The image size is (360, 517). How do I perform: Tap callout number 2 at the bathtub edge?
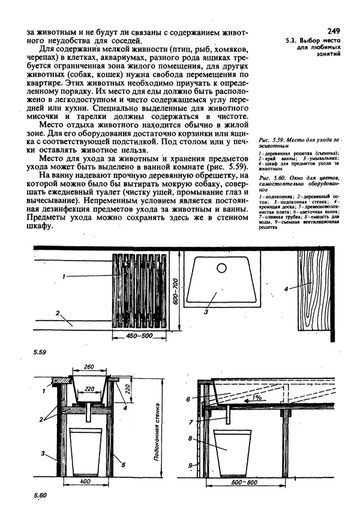(x=57, y=313)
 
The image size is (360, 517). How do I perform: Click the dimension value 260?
(x=91, y=366)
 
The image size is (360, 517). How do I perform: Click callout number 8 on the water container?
(x=190, y=439)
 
